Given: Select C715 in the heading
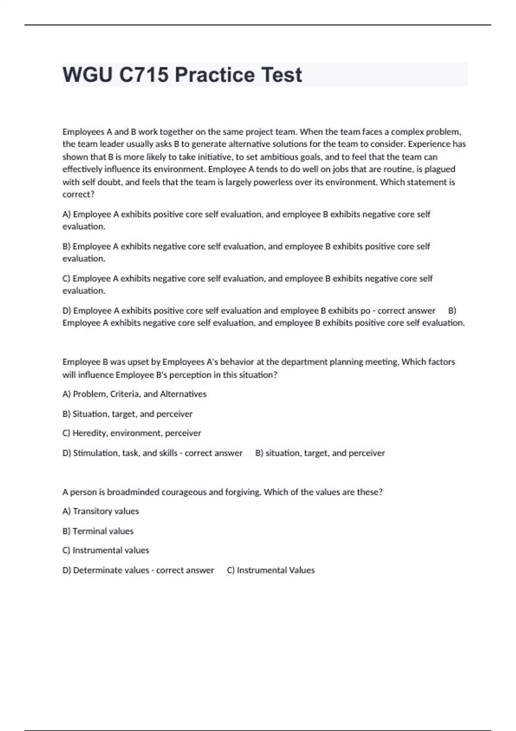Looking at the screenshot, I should [x=144, y=75].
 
